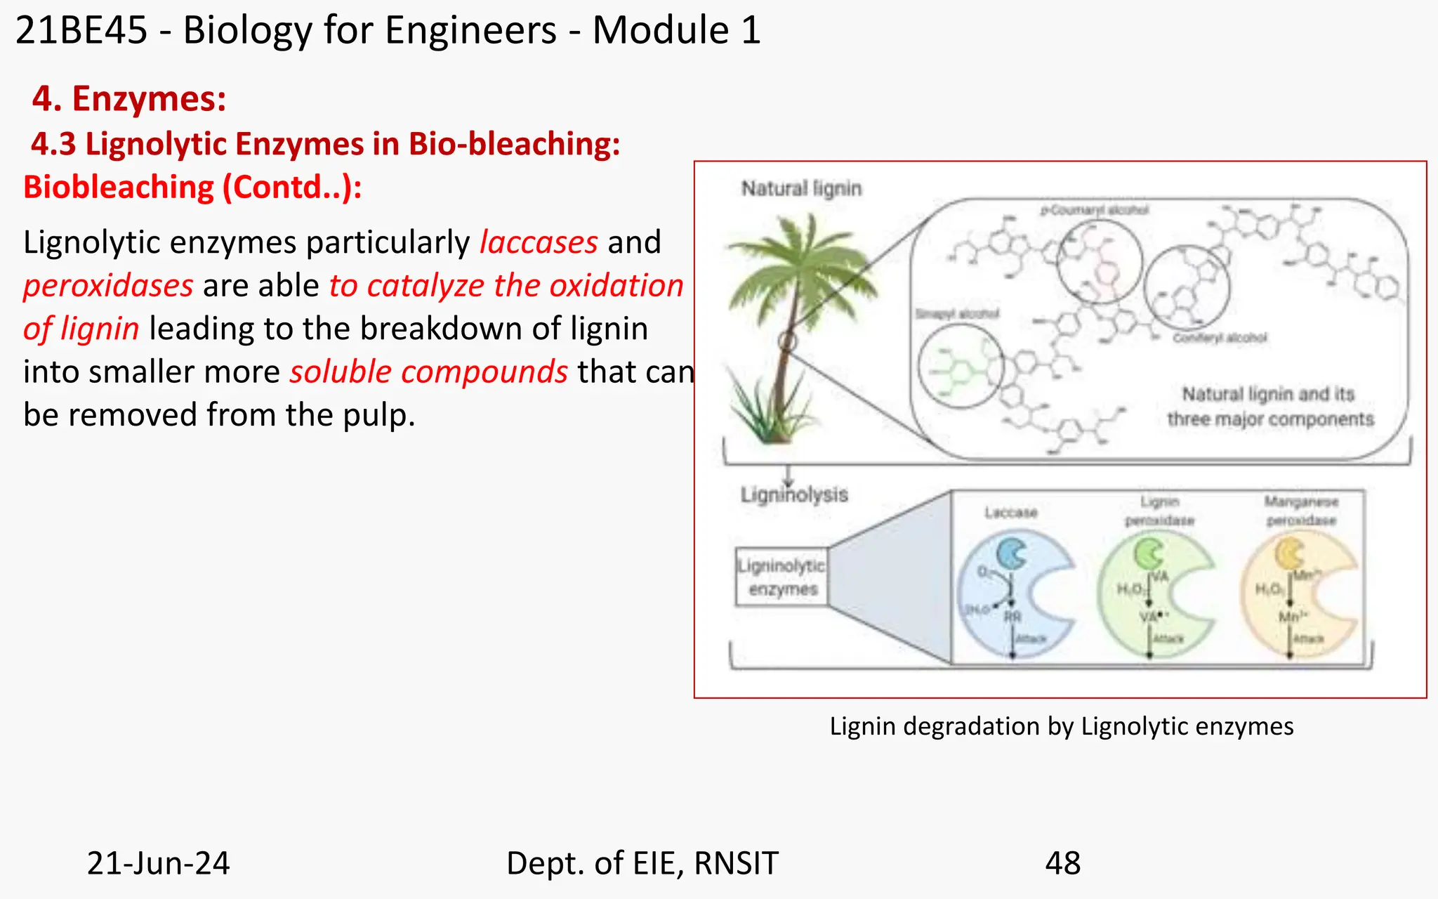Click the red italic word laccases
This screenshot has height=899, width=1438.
[539, 243]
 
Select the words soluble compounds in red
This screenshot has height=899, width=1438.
[428, 372]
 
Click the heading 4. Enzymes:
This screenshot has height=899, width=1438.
[129, 98]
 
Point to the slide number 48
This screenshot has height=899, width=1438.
[1062, 863]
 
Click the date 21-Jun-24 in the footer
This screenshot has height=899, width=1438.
[158, 863]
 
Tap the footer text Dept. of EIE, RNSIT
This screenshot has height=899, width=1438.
[642, 863]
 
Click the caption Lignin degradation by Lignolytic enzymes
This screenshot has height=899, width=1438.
[1061, 726]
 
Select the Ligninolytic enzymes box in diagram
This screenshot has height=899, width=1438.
[782, 577]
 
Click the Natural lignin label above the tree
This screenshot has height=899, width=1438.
[801, 189]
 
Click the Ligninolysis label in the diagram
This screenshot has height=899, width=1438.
[794, 495]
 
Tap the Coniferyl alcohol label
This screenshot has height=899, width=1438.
[1220, 338]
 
